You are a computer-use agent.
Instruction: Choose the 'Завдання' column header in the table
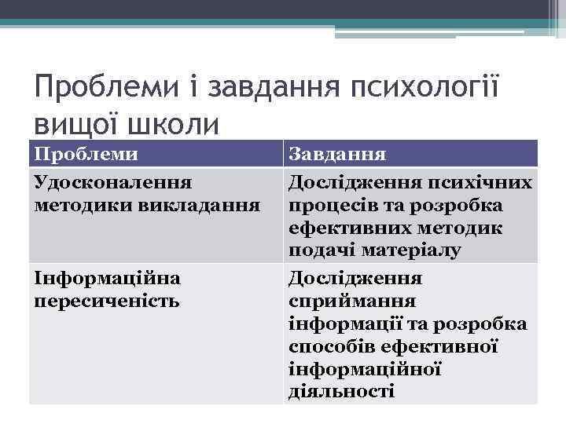(330, 153)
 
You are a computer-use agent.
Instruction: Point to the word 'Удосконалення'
(113, 183)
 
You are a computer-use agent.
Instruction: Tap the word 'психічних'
(480, 183)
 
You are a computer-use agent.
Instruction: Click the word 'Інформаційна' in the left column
(108, 278)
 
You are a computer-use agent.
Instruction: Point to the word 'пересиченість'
(108, 301)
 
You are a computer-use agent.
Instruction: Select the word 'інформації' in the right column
(349, 323)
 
